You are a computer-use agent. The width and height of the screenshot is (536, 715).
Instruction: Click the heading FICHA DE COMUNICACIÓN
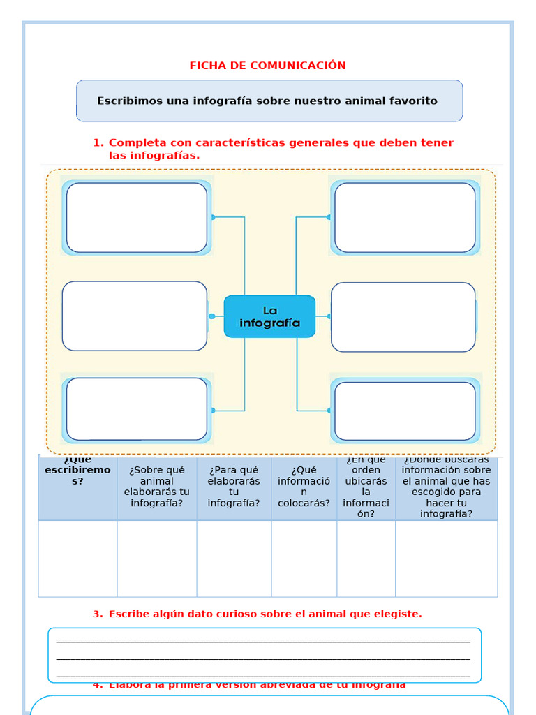pos(268,66)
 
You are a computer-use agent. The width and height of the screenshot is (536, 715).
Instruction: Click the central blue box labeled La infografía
pos(269,316)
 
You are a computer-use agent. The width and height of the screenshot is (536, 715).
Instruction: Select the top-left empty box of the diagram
pos(137,217)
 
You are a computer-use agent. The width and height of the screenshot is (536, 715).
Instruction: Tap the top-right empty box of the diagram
pos(405,217)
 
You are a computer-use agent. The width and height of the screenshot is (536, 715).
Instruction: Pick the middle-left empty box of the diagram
pos(135,316)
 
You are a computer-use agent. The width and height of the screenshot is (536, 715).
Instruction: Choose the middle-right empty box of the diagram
pos(403,317)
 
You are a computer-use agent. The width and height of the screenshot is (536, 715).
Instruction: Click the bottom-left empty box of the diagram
pos(137,409)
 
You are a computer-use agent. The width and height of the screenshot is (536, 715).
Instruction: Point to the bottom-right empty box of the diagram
pos(405,411)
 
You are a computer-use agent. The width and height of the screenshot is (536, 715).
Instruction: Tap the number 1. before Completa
pos(98,143)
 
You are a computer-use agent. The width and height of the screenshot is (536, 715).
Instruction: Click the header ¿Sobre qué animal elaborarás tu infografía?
pos(156,486)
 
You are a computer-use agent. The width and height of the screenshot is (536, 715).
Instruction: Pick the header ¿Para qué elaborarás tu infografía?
pos(234,486)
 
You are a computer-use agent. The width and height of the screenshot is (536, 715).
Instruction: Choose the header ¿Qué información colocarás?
pos(304,486)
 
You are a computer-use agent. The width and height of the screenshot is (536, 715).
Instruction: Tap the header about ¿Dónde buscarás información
pos(446,486)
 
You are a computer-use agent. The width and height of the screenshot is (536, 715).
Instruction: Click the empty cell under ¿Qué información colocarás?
pos(304,559)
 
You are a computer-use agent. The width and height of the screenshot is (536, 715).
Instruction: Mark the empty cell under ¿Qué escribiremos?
pos(77,559)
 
